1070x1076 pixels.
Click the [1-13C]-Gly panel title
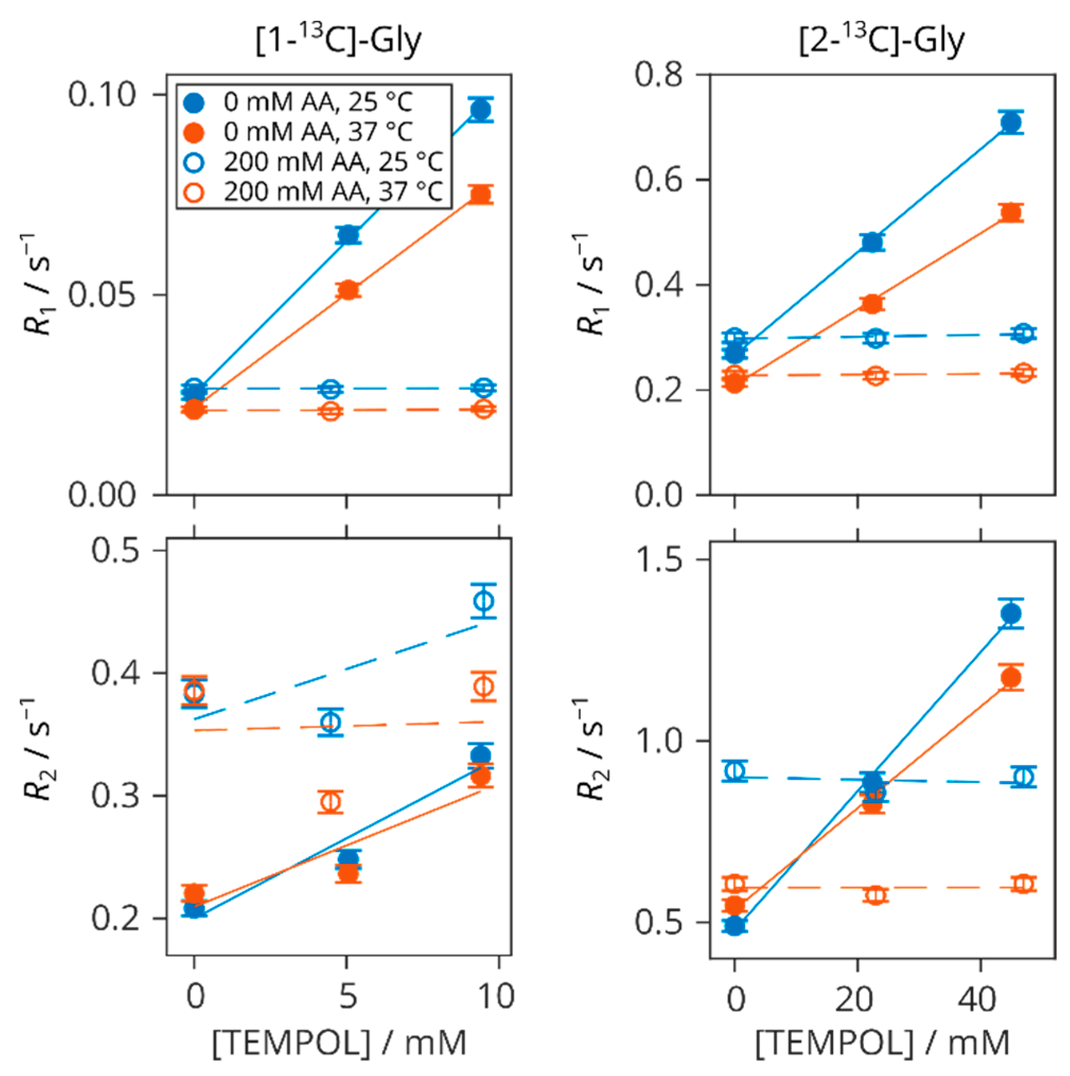338,40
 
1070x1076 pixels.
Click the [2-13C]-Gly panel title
881,40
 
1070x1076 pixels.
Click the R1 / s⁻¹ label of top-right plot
589,284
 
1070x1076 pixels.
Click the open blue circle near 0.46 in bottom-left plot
483,601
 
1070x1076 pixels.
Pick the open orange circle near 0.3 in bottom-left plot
331,802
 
